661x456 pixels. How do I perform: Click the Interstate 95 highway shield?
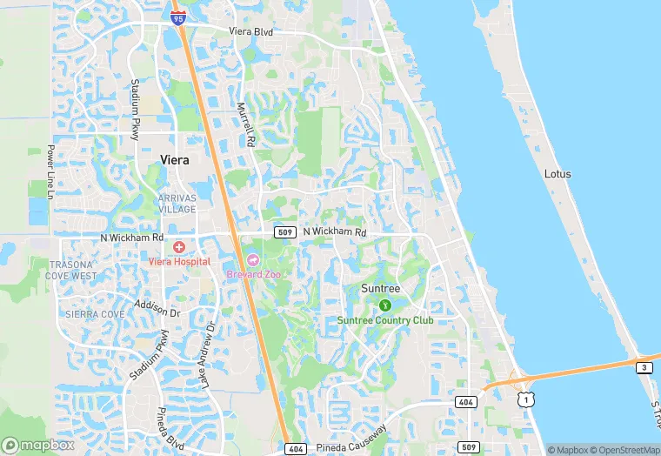click(x=178, y=17)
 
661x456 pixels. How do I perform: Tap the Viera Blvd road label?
click(x=250, y=32)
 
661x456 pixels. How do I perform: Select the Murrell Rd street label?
click(x=247, y=124)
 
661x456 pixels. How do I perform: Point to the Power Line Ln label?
click(x=50, y=171)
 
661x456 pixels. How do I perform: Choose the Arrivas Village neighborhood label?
click(x=177, y=203)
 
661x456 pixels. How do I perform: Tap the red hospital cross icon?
click(x=179, y=248)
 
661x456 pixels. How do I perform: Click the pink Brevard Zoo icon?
click(x=253, y=260)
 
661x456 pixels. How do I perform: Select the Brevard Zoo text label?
click(x=253, y=274)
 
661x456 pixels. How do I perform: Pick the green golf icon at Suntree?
click(x=384, y=305)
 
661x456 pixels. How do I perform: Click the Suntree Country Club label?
click(x=385, y=320)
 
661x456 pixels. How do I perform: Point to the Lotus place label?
click(x=558, y=174)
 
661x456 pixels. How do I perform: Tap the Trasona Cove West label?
click(x=73, y=270)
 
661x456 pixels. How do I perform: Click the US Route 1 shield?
click(x=524, y=398)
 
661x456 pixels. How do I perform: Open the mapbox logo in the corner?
click(x=38, y=445)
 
